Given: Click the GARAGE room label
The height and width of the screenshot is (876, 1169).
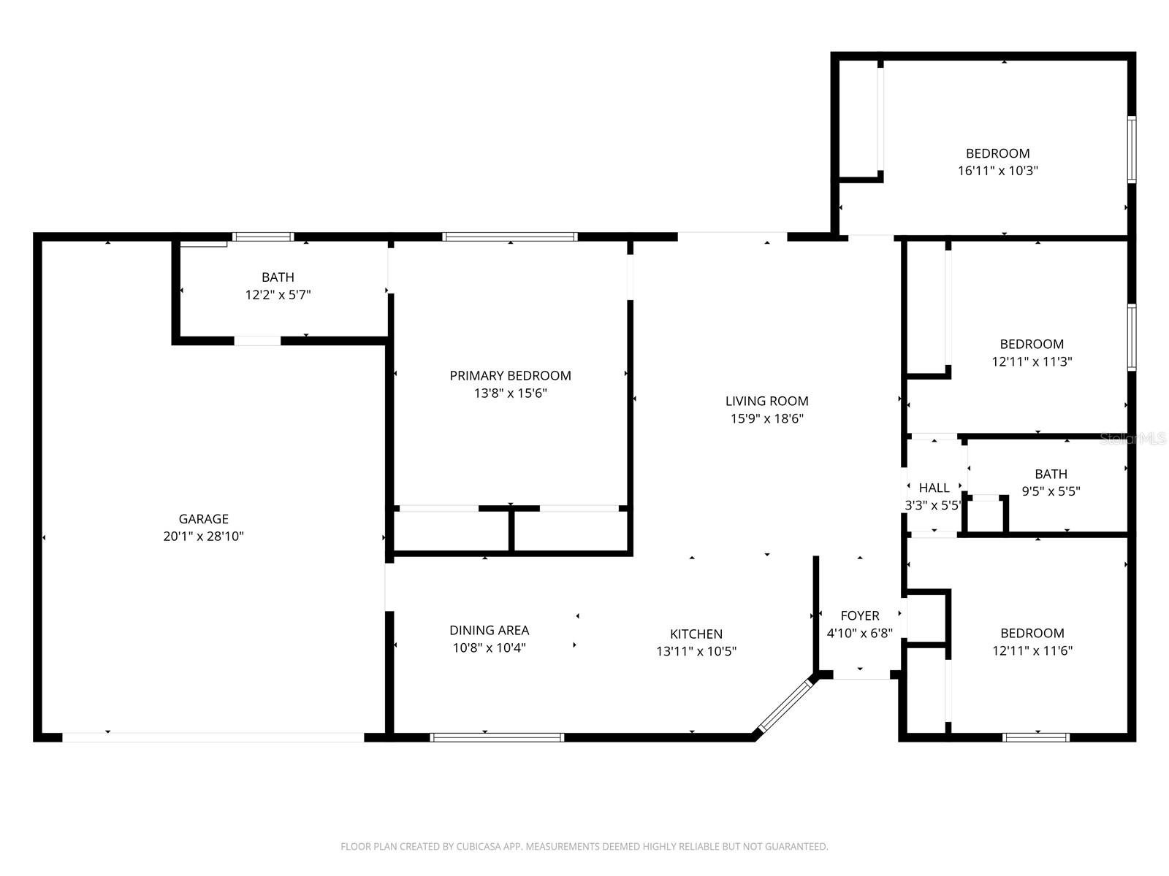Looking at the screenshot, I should coord(203,519).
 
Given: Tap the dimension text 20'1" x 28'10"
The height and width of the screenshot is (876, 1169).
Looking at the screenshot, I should coord(203,537).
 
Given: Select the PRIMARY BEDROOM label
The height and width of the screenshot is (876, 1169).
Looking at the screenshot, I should coord(510,376).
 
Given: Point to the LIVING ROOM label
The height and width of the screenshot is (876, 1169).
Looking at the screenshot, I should coord(766,401).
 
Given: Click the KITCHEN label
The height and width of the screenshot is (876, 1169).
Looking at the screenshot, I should coord(696,634).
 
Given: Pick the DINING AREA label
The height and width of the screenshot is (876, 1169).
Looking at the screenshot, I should coord(489,630).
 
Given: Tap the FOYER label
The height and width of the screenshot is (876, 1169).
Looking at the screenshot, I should coord(859,615).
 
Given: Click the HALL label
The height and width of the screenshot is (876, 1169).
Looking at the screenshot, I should coord(934,488).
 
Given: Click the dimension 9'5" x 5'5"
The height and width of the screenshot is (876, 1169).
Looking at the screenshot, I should coord(1051,491).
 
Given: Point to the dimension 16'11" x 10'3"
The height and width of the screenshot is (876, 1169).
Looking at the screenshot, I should coord(997,171).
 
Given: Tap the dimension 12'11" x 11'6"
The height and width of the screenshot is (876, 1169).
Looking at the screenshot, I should coord(1032,650).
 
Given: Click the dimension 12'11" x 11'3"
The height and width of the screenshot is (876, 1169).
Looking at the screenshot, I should coord(1032,361).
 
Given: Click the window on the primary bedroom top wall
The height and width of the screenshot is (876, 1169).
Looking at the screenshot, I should coord(510,237).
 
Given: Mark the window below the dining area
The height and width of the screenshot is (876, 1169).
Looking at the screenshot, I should coord(497,737).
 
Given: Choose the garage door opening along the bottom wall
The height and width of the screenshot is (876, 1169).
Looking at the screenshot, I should coord(213,737).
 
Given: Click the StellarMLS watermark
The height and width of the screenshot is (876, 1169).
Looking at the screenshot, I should coord(1132,439).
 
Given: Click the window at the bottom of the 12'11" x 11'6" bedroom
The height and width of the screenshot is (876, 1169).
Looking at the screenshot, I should coord(1036,737).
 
